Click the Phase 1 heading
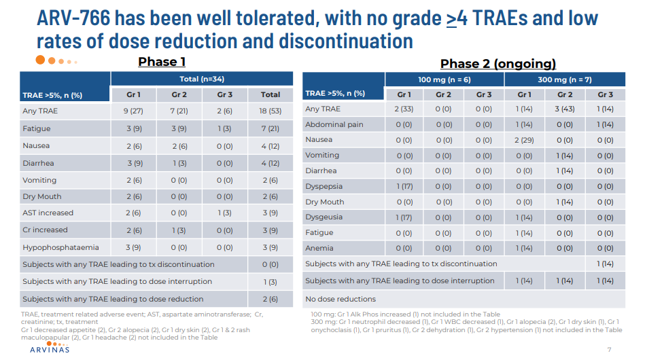[x=162, y=62]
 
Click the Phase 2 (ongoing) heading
[x=498, y=64]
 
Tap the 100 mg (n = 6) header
[x=444, y=79]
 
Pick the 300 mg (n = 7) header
[x=565, y=79]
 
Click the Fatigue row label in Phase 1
[x=37, y=128]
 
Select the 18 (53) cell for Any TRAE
[x=270, y=111]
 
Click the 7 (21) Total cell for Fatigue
[x=270, y=128]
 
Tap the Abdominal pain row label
[x=334, y=124]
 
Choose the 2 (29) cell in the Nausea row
[x=524, y=140]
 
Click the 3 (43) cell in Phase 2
[x=565, y=109]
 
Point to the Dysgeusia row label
[x=324, y=217]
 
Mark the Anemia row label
[x=319, y=248]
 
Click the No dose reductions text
[x=341, y=299]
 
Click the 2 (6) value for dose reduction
[x=270, y=299]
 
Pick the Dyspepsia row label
[x=324, y=186]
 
